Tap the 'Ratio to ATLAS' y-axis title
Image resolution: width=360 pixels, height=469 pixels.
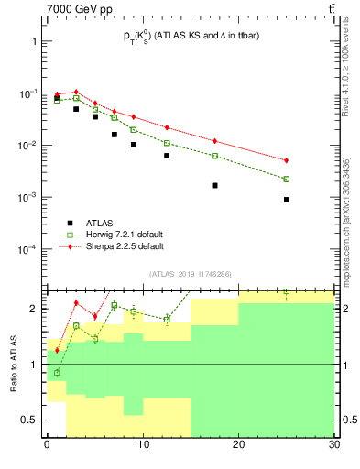(x=14, y=365)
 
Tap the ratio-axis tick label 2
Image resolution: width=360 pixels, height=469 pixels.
(x=35, y=309)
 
